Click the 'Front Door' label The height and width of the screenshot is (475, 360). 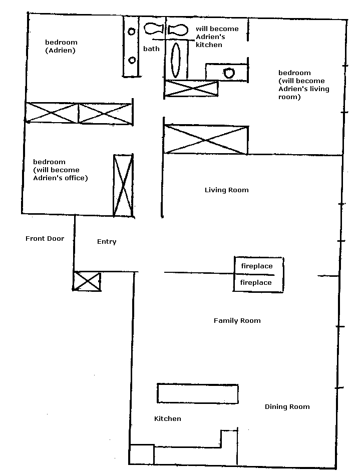(x=45, y=238)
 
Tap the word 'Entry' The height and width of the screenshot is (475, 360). (x=107, y=241)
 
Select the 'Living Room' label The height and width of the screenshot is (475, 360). (x=227, y=190)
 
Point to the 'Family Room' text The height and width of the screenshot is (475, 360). (x=237, y=320)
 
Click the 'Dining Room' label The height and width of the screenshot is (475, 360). (x=287, y=406)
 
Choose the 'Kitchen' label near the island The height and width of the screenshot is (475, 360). (x=168, y=418)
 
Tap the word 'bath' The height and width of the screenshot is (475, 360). (x=151, y=49)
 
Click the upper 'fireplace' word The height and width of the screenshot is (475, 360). (x=257, y=266)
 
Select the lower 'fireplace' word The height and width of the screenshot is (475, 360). (x=256, y=283)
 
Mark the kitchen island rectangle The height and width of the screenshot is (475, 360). (x=198, y=393)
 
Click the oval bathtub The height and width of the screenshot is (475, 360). (x=176, y=60)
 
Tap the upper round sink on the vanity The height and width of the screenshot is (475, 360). (x=132, y=32)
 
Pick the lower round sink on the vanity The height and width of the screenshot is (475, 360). (x=132, y=60)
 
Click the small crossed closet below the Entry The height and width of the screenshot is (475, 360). (x=87, y=281)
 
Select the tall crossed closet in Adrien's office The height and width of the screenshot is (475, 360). (x=123, y=185)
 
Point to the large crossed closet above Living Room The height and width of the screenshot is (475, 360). (x=206, y=140)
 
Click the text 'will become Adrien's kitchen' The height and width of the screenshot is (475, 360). (x=217, y=37)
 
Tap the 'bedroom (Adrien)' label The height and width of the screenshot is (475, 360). (x=61, y=46)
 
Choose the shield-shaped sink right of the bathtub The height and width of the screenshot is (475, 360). (x=228, y=73)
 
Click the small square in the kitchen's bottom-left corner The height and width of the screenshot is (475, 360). (x=142, y=454)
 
